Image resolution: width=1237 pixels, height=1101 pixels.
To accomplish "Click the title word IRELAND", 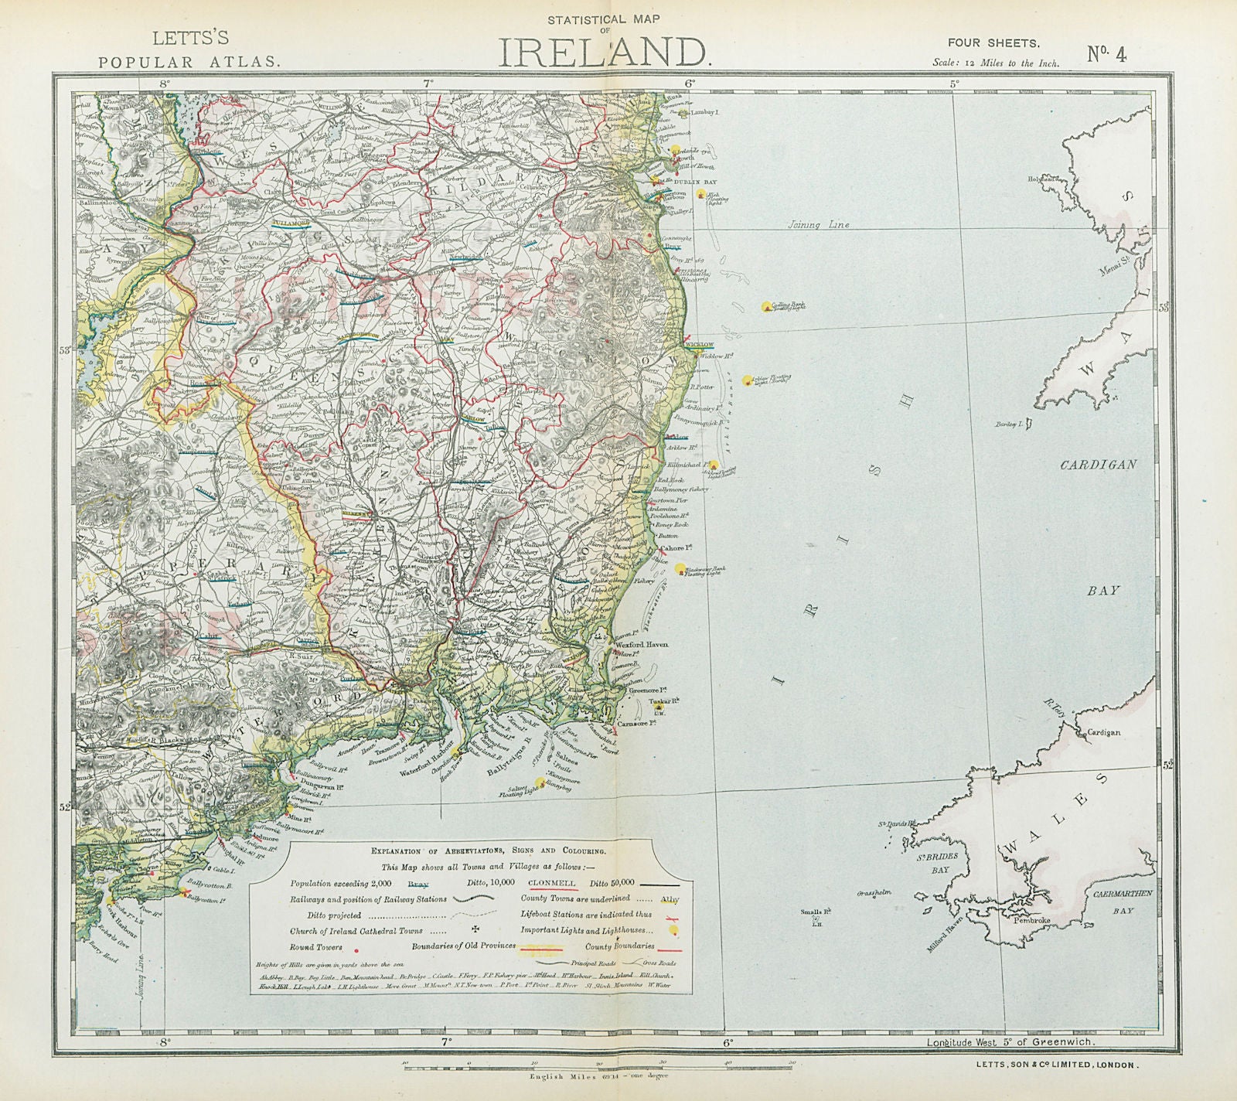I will (x=602, y=51).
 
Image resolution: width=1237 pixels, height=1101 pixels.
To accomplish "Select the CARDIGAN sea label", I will (x=1098, y=465).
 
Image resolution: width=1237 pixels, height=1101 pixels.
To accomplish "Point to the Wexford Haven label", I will (x=642, y=643).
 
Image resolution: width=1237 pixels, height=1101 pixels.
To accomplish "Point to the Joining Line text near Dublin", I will (x=819, y=225).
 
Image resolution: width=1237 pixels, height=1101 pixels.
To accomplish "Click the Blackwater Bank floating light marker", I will (x=680, y=570).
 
